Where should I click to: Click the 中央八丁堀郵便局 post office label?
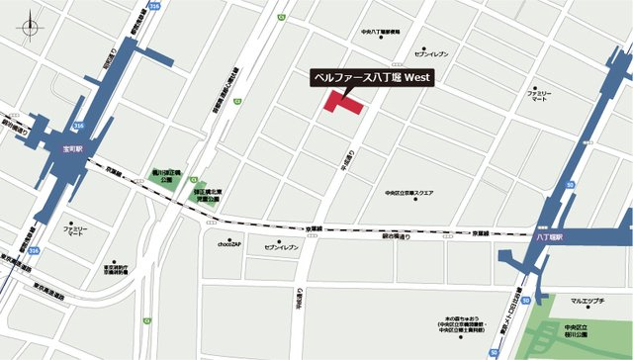click(380, 32)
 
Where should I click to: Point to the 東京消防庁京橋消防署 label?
click(117, 270)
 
